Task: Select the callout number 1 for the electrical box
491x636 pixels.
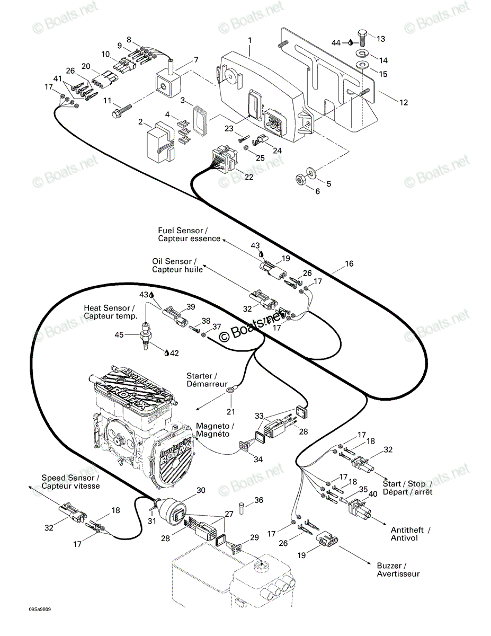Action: [250, 40]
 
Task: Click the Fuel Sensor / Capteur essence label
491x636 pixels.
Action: [189, 234]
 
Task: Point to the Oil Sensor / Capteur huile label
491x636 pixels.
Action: [177, 266]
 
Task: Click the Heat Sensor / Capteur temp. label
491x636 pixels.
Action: [110, 312]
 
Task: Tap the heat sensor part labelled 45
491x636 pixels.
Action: [145, 335]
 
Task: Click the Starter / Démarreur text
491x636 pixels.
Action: [207, 379]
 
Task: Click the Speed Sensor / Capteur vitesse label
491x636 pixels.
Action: [70, 482]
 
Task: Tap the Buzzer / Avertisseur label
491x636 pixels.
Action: [398, 570]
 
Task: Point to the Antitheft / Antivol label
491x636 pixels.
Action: [410, 534]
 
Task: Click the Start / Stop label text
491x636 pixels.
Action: [407, 483]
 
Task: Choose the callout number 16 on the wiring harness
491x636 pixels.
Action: [349, 264]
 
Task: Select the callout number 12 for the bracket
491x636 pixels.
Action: [404, 102]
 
